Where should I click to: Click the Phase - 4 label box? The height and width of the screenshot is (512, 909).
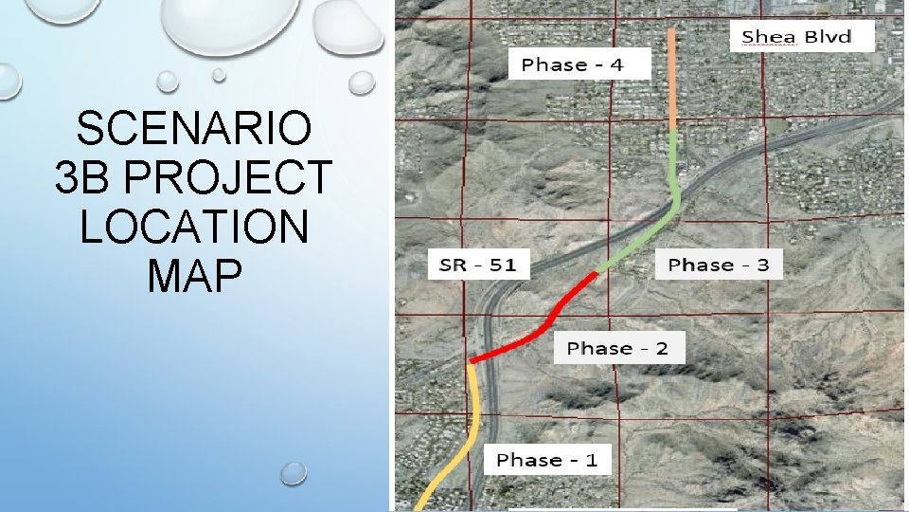click(580, 64)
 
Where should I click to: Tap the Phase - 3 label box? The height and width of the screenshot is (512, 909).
click(719, 265)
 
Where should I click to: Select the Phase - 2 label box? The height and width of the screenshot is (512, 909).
click(617, 348)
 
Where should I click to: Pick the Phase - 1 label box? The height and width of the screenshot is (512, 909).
click(547, 460)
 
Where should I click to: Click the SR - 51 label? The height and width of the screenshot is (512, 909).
click(478, 265)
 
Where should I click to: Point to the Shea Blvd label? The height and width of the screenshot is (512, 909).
click(794, 38)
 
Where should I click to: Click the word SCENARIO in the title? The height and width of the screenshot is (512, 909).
click(193, 129)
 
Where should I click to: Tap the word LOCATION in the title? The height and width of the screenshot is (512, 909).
click(193, 227)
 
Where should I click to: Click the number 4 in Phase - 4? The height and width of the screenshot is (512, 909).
click(616, 64)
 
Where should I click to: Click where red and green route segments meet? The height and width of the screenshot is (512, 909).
click(597, 272)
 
